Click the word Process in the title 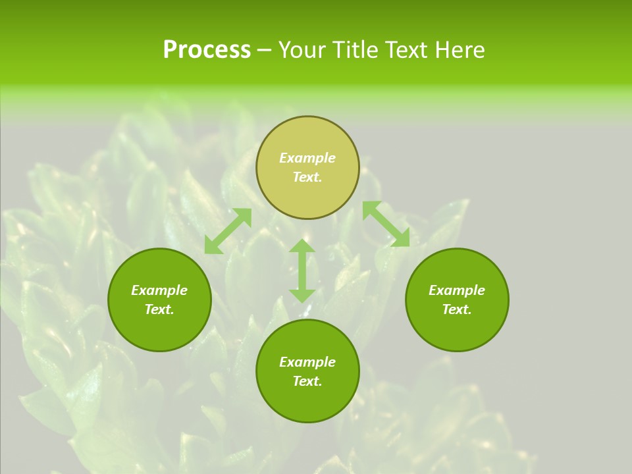(x=207, y=50)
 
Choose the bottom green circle (x=307, y=402)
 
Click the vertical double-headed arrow (x=302, y=271)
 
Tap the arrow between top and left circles (x=228, y=231)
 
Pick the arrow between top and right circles (x=386, y=224)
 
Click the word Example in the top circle (x=307, y=158)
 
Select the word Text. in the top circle (x=307, y=177)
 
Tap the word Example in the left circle (x=159, y=290)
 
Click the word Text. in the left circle (x=159, y=309)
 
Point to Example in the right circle (x=457, y=290)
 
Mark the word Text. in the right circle (x=457, y=309)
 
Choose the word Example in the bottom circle (x=307, y=362)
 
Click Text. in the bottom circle (x=307, y=381)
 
